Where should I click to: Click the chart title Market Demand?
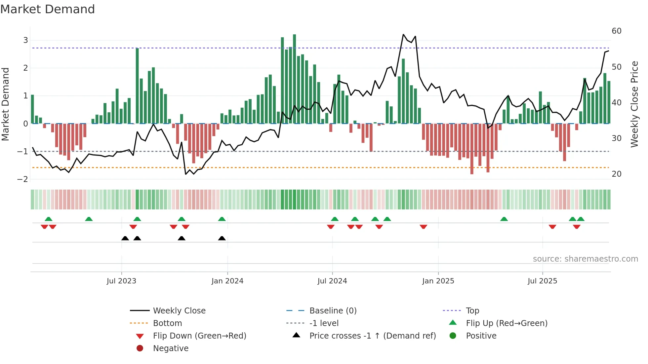[x=48, y=9]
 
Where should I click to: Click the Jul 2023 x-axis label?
[x=121, y=281]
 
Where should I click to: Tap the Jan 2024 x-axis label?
[x=227, y=281]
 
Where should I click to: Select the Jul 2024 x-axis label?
[x=332, y=281]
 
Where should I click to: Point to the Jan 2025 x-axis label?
[x=438, y=281]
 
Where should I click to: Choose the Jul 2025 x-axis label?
[x=543, y=281]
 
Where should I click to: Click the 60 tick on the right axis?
[x=617, y=31]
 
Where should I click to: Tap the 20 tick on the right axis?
[x=617, y=174]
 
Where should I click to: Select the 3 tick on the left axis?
[x=25, y=40]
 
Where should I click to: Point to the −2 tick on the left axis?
[x=23, y=179]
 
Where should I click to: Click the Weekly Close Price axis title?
[x=634, y=104]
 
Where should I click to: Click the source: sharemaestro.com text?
[x=585, y=259]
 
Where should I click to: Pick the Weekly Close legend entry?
[x=179, y=311]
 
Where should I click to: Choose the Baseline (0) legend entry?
[x=333, y=311]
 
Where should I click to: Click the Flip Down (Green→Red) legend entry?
[x=199, y=336]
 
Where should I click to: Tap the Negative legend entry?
[x=171, y=348]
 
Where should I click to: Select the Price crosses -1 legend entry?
[x=372, y=336]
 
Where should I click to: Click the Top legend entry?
[x=472, y=311]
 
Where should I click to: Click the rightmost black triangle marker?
[x=222, y=238]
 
